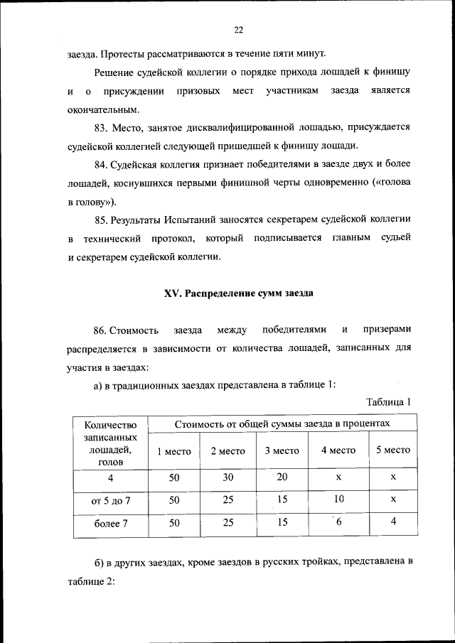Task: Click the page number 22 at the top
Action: pos(238,29)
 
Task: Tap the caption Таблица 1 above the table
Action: pos(389,403)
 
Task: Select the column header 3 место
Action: pos(282,450)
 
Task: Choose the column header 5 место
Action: pos(392,450)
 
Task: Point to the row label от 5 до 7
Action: pos(111,500)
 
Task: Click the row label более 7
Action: pos(111,524)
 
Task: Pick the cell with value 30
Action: pos(227,477)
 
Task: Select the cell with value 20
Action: pos(282,477)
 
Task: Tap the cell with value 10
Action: pos(338,499)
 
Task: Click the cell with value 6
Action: pos(338,524)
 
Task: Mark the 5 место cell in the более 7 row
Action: pos(392,524)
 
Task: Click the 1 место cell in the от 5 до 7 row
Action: pos(173,500)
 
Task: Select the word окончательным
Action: pos(100,109)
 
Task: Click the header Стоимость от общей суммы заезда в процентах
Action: pos(283,423)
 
